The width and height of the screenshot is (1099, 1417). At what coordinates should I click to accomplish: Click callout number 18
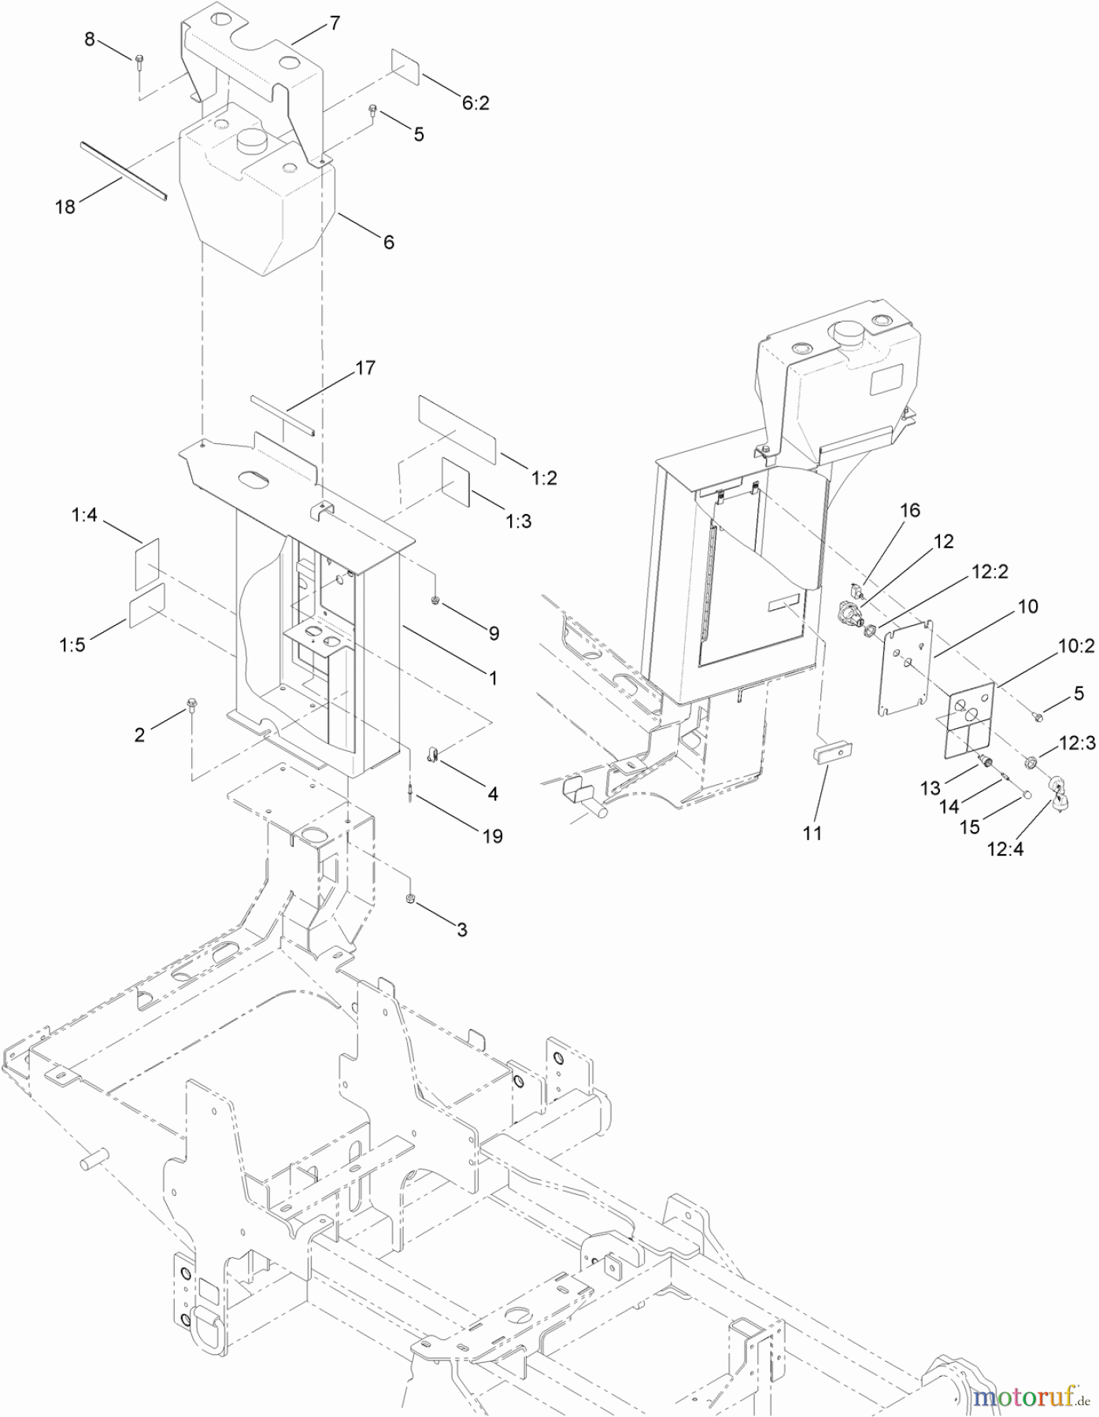coord(65,206)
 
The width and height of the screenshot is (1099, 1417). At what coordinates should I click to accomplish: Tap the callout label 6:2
coord(475,102)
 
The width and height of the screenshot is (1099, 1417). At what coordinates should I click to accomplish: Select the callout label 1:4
coord(84,516)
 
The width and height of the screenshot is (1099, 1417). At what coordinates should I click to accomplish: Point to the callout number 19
coord(493,836)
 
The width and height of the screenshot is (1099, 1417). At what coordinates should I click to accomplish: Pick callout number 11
coord(812,833)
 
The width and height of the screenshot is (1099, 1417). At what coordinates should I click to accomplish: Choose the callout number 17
coord(365,368)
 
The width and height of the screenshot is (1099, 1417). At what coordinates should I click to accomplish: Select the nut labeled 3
coord(410,899)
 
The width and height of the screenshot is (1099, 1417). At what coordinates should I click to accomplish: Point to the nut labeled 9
coord(435,603)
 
